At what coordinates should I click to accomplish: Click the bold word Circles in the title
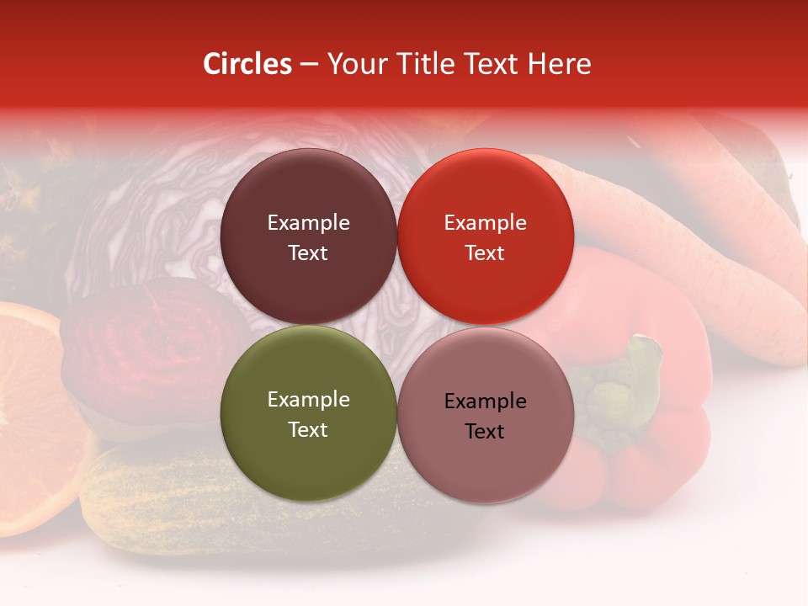(x=247, y=64)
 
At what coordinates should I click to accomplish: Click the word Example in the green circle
(x=308, y=399)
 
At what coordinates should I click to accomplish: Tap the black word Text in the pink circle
(x=485, y=431)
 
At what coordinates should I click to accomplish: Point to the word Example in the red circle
(x=485, y=222)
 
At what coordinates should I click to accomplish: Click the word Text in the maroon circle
(x=308, y=252)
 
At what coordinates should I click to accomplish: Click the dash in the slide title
(x=309, y=64)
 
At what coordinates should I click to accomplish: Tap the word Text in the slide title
(x=490, y=64)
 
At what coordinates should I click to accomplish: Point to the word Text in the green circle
(x=308, y=429)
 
